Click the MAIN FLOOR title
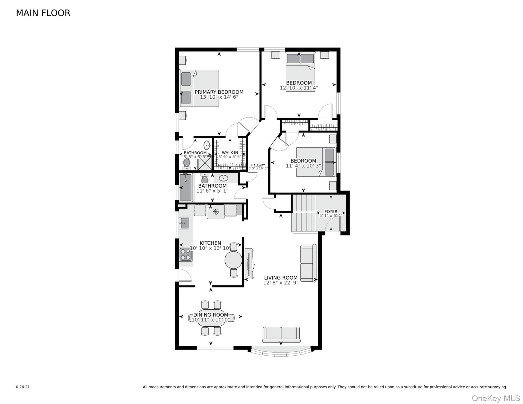(x=43, y=13)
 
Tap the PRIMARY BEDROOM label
(x=219, y=92)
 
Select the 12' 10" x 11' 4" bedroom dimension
(x=299, y=88)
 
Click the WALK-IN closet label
(x=230, y=153)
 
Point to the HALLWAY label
(x=258, y=165)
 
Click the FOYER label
(x=331, y=211)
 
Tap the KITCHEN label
(x=210, y=243)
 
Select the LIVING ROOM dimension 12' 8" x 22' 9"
(x=281, y=283)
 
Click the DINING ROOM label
(x=210, y=315)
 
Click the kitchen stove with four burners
(x=185, y=254)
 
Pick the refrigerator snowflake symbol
(x=215, y=211)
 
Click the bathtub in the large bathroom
(x=186, y=187)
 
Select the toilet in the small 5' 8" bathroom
(x=187, y=164)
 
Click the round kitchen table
(x=233, y=260)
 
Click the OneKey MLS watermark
(x=496, y=398)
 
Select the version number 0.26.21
(x=23, y=387)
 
